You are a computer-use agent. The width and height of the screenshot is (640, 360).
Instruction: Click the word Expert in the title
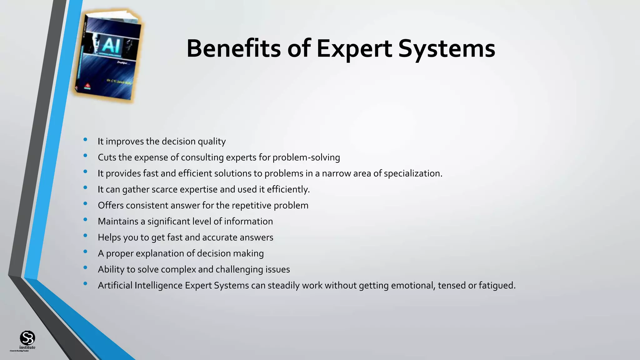click(x=354, y=49)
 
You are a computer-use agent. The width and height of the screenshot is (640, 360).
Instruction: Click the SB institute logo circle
click(x=27, y=338)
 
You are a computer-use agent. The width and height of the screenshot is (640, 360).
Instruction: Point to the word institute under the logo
click(x=27, y=347)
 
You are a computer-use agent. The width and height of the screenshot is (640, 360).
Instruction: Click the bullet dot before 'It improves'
click(x=85, y=140)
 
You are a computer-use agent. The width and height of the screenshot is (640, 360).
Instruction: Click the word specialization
click(x=413, y=173)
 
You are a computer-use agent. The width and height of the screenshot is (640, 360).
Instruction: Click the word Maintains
click(x=118, y=221)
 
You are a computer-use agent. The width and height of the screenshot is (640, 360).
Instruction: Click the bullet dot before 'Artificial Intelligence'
click(x=85, y=284)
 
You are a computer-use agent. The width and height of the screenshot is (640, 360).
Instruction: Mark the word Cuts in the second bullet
click(x=107, y=157)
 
